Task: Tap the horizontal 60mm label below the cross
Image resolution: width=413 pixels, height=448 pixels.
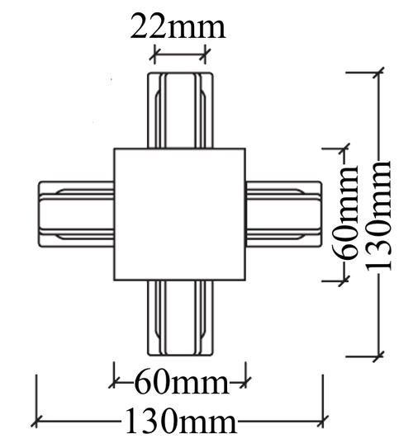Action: [x=180, y=383]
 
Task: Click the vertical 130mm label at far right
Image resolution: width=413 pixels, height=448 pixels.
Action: [x=381, y=214]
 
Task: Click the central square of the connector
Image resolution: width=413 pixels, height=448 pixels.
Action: [x=180, y=215]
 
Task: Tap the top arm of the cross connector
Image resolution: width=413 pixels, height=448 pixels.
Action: [x=180, y=111]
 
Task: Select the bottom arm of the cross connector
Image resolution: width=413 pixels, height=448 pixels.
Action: [x=180, y=318]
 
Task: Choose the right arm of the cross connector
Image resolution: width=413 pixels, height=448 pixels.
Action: [x=282, y=215]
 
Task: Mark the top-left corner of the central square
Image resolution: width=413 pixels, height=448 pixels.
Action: [x=114, y=149]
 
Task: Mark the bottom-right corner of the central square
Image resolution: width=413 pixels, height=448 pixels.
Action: [x=246, y=280]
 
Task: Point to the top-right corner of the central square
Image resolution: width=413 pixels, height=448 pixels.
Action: [x=246, y=149]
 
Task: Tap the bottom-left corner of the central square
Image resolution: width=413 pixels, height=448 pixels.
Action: [x=114, y=280]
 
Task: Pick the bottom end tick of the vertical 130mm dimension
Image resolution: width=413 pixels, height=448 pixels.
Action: [x=379, y=356]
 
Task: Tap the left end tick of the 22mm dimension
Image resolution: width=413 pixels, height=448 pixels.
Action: [x=154, y=55]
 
